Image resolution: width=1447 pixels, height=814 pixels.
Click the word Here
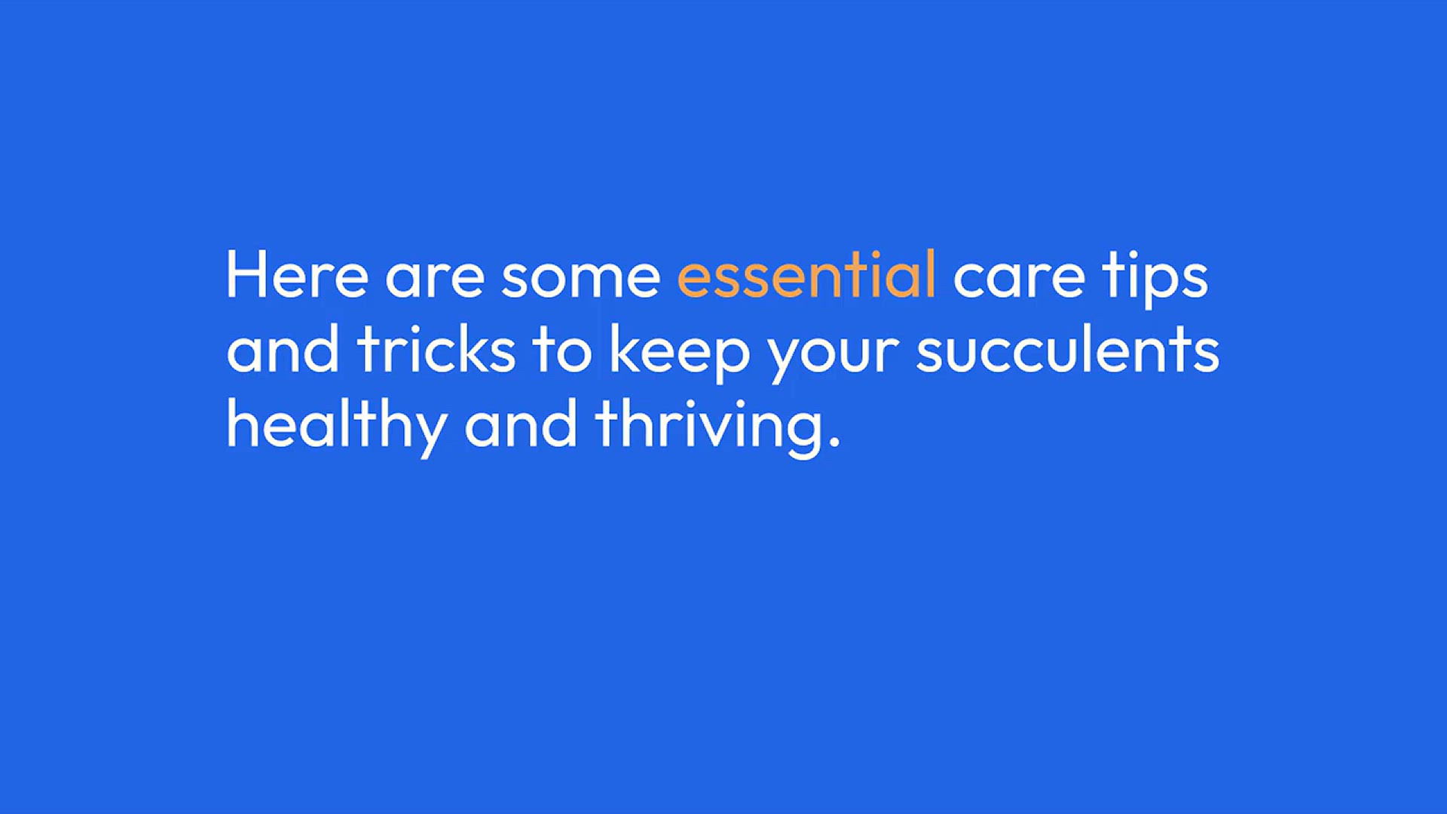coord(297,275)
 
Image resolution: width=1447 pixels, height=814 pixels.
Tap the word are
coord(435,278)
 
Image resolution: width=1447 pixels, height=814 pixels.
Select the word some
coord(580,278)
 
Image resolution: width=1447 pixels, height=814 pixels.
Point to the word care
coord(1020,278)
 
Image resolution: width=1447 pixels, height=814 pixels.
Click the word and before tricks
coord(283,349)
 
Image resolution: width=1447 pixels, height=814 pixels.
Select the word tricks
coord(436,349)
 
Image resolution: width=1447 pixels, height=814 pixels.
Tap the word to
coord(562,351)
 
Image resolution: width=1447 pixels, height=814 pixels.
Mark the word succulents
coord(1067,349)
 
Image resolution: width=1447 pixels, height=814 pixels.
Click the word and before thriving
coord(521,423)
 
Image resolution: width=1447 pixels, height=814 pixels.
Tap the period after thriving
coord(834,442)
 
